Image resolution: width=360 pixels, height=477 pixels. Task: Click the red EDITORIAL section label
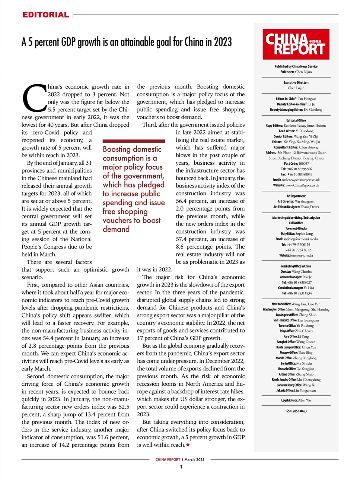click(45, 15)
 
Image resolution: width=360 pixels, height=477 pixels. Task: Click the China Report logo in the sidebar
click(296, 44)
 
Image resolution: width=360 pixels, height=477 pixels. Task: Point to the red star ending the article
click(188, 445)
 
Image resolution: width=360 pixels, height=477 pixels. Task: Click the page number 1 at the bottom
click(181, 467)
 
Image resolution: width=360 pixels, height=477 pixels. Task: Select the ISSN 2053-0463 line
click(296, 411)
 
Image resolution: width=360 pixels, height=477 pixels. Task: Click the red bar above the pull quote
click(134, 141)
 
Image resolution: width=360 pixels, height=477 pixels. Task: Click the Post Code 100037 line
click(296, 163)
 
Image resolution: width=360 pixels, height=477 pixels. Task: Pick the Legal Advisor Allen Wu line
click(296, 400)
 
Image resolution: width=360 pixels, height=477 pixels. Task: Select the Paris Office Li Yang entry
click(296, 336)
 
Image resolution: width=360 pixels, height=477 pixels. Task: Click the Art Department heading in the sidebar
click(296, 196)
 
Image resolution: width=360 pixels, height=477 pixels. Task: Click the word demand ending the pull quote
click(116, 229)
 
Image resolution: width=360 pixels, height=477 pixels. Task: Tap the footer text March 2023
click(194, 459)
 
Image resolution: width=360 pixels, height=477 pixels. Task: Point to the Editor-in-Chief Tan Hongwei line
click(296, 99)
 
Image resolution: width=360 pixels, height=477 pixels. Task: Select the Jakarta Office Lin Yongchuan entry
click(296, 390)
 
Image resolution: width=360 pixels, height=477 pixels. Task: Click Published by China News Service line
click(296, 66)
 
